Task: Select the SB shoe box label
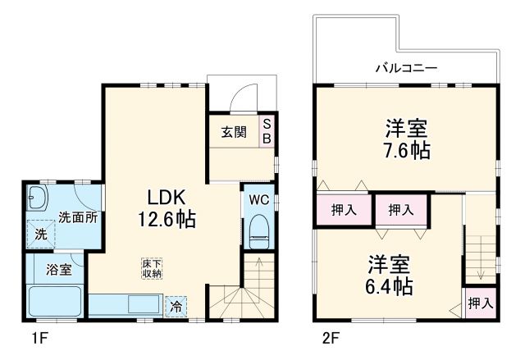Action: click(267, 131)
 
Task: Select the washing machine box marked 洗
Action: click(40, 235)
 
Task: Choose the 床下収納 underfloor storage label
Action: click(152, 268)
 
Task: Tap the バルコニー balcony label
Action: click(406, 67)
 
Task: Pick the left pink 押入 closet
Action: click(343, 210)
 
